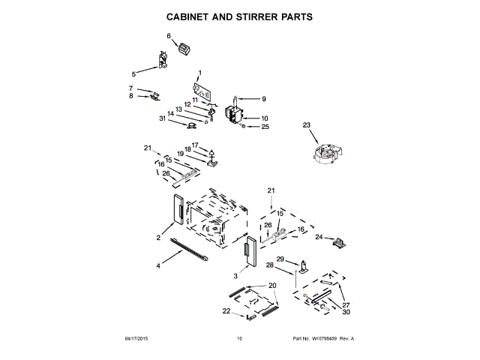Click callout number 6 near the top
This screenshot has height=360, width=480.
[169, 36]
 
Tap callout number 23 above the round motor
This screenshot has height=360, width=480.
[306, 125]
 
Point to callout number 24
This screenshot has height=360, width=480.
[318, 238]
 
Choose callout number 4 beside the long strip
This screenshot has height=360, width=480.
[158, 265]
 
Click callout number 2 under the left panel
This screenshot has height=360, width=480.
[158, 238]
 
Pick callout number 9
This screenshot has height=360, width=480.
[263, 99]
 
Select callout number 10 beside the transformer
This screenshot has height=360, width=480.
[264, 118]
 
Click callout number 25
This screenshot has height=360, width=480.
[264, 127]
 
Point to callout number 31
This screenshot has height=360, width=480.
[163, 118]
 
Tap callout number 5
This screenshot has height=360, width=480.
[133, 74]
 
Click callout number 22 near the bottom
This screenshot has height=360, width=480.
[226, 310]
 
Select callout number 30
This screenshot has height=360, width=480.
[346, 312]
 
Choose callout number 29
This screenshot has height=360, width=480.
[280, 259]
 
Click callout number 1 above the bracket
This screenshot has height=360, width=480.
[199, 73]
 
